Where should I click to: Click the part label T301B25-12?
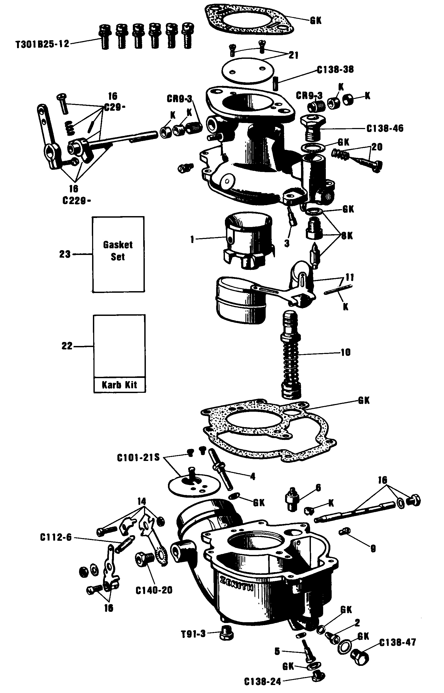(x=42, y=44)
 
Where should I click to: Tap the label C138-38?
(x=335, y=70)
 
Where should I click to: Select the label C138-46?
(x=385, y=129)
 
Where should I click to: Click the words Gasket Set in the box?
(x=118, y=251)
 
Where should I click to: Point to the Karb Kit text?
(x=119, y=385)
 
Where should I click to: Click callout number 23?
(x=65, y=254)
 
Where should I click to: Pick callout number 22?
(x=67, y=346)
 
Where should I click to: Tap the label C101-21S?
(x=138, y=458)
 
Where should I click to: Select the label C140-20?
(x=154, y=590)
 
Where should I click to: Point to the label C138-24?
(x=262, y=682)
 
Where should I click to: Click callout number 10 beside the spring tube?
(x=346, y=352)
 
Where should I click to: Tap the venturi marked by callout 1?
(x=248, y=239)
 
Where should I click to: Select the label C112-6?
(x=56, y=538)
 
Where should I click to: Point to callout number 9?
(x=373, y=549)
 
